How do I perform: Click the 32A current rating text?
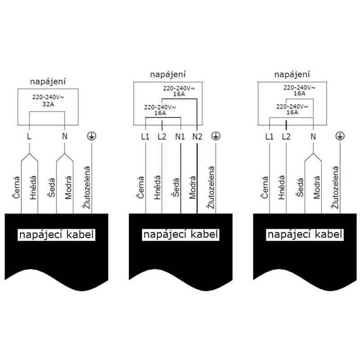click(x=48, y=104)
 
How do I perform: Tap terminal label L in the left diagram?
click(x=29, y=136)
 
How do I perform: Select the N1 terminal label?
click(x=180, y=137)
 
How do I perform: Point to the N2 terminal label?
click(x=197, y=137)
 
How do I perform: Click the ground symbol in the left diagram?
click(x=92, y=136)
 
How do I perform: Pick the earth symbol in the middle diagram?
click(x=216, y=136)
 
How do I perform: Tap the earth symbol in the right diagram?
click(x=340, y=136)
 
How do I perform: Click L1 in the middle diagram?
click(x=145, y=137)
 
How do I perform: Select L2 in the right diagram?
click(x=286, y=137)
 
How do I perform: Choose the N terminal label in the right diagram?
click(x=313, y=137)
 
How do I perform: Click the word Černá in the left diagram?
click(x=16, y=187)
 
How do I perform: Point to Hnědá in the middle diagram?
click(x=157, y=187)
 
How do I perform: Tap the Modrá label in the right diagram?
click(x=317, y=187)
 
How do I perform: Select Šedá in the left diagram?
click(x=51, y=188)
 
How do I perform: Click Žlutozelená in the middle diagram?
click(x=211, y=188)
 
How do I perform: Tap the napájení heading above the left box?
click(x=48, y=82)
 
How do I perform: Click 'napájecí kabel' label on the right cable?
click(x=305, y=234)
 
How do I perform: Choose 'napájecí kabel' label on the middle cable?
click(x=180, y=234)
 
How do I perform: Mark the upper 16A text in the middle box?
click(x=179, y=94)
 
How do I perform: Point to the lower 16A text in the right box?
click(x=292, y=112)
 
